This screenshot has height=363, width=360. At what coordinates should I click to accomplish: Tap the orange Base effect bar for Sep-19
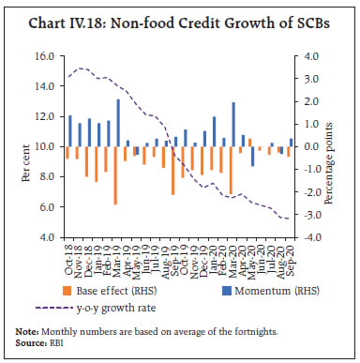click(173, 170)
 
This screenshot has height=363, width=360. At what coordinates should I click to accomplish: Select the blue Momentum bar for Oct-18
click(70, 130)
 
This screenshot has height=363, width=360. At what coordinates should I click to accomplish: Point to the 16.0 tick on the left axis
click(45, 56)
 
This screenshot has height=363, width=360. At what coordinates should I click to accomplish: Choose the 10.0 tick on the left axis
click(45, 147)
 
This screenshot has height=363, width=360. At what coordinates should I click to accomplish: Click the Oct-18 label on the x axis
click(67, 256)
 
